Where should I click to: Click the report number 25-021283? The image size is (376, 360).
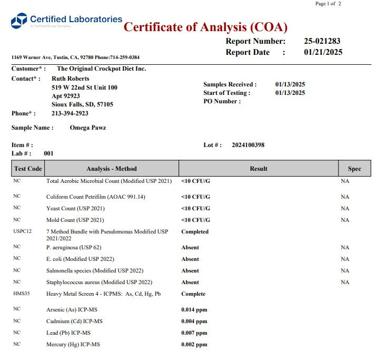coord(323,41)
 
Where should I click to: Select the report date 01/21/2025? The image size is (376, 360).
coord(323,52)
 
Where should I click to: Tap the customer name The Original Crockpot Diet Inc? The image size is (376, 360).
coord(101,69)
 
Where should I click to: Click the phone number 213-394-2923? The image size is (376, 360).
coord(70,113)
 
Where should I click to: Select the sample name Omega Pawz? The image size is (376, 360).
coord(87,128)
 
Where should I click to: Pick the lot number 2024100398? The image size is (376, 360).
coord(248,145)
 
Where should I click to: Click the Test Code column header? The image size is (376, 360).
coord(28,169)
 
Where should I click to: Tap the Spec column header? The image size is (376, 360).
coord(354,169)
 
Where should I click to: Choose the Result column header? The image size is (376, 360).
coord(259,169)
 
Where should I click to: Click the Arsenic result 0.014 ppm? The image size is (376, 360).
coord(194,310)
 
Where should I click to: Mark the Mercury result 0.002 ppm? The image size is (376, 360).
coord(194,345)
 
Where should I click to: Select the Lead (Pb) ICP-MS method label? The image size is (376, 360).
coord(68,333)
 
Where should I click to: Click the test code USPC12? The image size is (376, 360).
coord(23,231)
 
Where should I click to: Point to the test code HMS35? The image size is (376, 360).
coord(22,294)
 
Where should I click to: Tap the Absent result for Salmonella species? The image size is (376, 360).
coord(190,270)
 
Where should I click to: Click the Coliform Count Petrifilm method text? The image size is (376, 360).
coord(96,197)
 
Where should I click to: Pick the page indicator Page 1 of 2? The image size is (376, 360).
coord(328,4)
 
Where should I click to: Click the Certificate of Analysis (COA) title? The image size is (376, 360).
coord(205,27)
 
